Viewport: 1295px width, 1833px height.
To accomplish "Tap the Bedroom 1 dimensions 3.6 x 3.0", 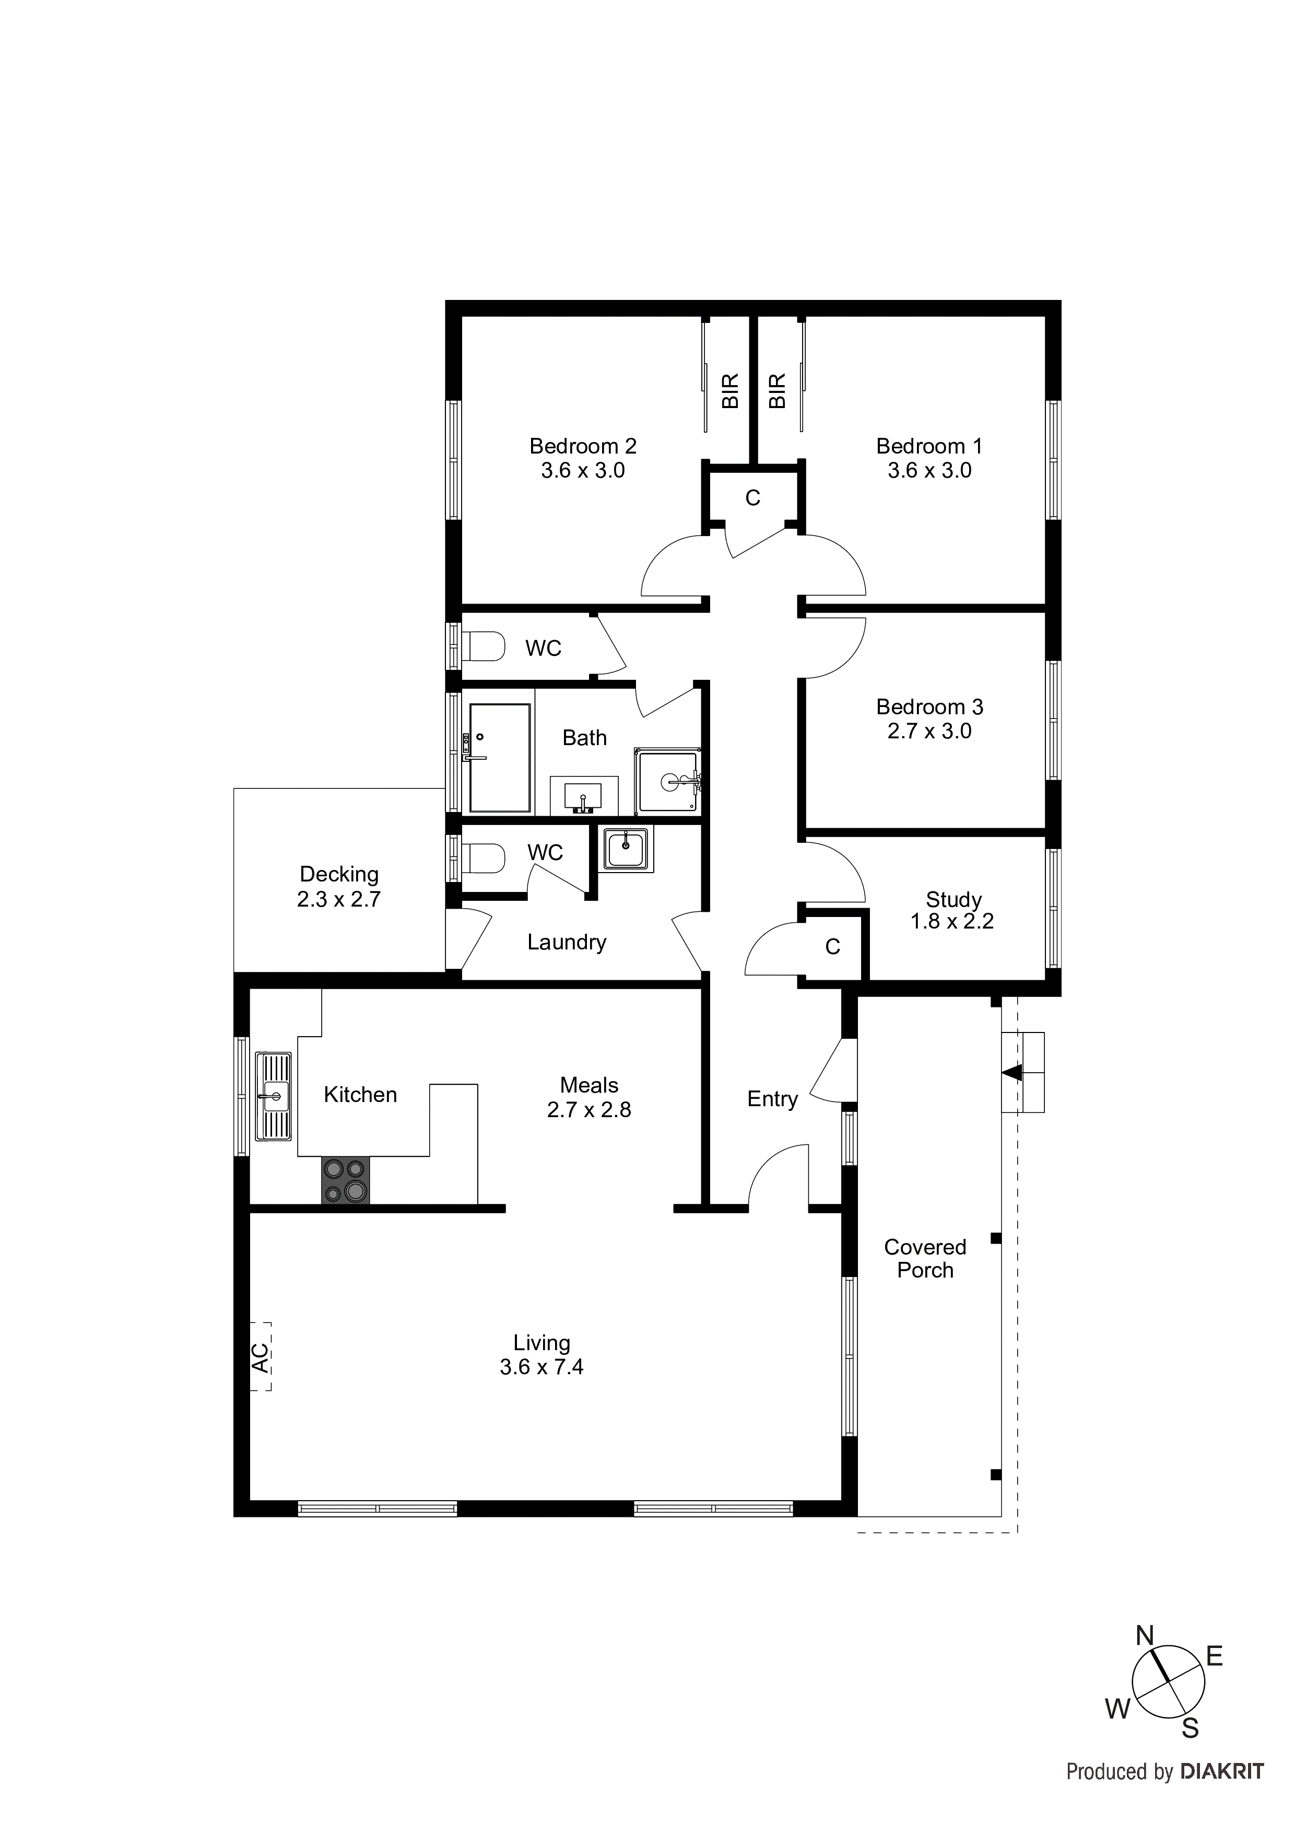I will pos(929,471).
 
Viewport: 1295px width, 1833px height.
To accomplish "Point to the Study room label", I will pos(953,900).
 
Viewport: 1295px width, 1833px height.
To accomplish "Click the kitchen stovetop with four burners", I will pos(346,1181).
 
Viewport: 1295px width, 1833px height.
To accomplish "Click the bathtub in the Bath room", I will pos(500,758).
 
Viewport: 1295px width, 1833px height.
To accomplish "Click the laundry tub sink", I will pos(626,848).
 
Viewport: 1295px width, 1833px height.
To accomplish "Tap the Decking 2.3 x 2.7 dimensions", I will pos(338,900).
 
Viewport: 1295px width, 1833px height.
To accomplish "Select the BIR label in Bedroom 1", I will pos(778,391).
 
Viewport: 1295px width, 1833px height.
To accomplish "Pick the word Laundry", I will pos(567,942).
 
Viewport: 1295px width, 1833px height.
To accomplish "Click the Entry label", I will pos(772,1099).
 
